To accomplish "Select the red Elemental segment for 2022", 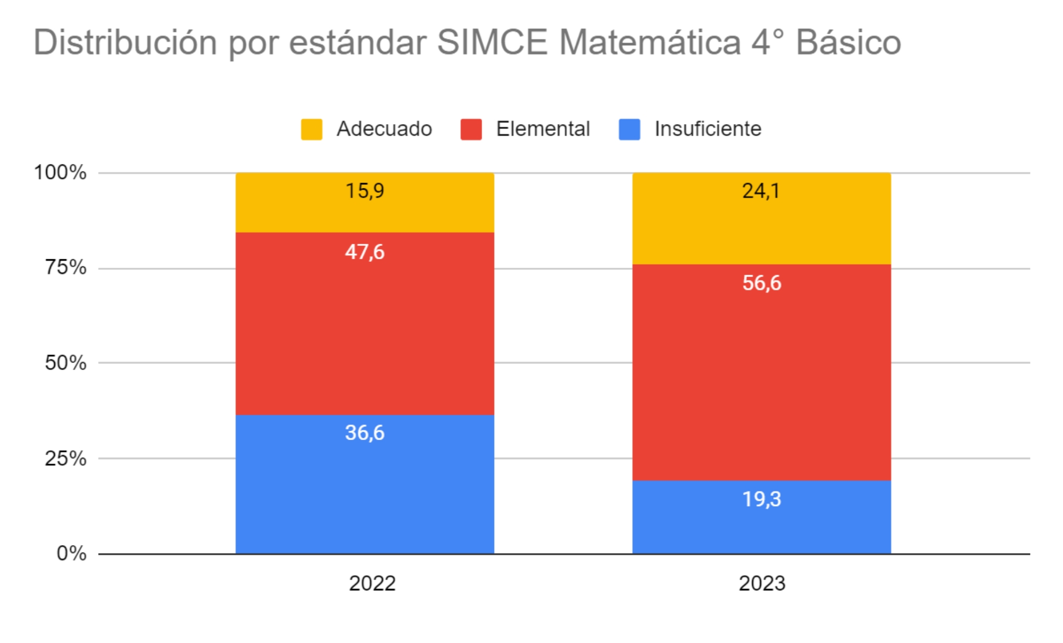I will point(365,330).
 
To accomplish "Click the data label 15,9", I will point(365,191).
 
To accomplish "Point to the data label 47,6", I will point(365,252).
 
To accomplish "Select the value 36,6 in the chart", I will point(365,432).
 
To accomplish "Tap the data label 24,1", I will point(761,191).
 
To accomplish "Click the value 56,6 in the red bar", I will point(761,283).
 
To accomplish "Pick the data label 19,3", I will point(761,499).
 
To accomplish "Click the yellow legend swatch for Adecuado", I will point(312,129).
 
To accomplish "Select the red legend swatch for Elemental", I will point(471,129).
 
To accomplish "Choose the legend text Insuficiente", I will point(708,129).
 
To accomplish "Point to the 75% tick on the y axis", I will point(65,267).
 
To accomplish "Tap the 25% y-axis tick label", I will point(65,458).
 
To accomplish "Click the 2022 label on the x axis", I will point(372,583).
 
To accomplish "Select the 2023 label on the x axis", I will point(761,583).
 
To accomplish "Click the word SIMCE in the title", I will point(492,42).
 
